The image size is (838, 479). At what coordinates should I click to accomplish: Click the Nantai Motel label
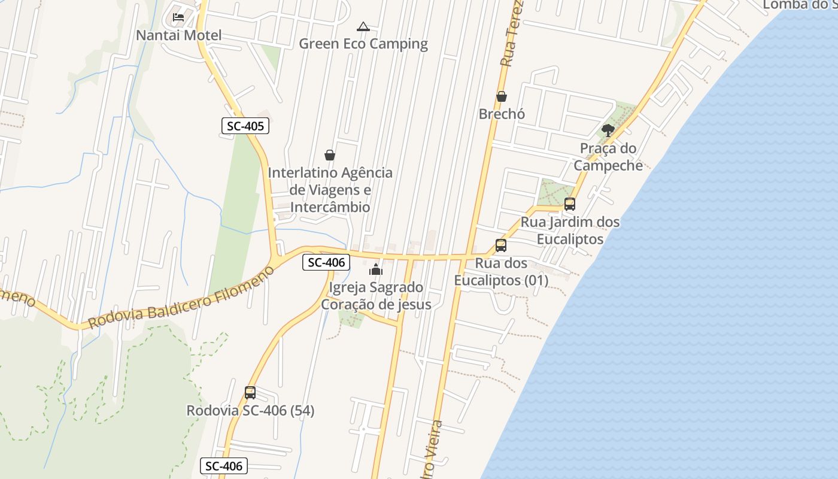pyautogui.click(x=178, y=35)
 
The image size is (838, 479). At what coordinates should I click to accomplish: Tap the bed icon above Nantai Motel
pyautogui.click(x=178, y=17)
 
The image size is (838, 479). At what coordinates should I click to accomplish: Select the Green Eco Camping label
pyautogui.click(x=363, y=44)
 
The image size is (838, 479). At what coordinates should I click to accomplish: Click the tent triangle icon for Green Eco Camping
pyautogui.click(x=363, y=26)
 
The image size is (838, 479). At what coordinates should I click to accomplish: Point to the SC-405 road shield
pyautogui.click(x=245, y=126)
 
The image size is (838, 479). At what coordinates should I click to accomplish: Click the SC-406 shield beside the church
pyautogui.click(x=326, y=262)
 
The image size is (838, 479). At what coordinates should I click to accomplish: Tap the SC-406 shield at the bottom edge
pyautogui.click(x=224, y=466)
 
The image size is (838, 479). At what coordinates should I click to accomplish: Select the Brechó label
pyautogui.click(x=502, y=114)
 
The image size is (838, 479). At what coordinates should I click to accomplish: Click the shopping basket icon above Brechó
pyautogui.click(x=502, y=96)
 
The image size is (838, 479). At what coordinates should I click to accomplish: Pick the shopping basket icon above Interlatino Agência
pyautogui.click(x=330, y=155)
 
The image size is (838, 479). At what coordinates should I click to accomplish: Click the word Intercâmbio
pyautogui.click(x=330, y=207)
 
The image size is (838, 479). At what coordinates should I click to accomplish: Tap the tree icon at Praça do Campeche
pyautogui.click(x=608, y=130)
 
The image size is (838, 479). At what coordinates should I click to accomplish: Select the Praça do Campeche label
pyautogui.click(x=608, y=157)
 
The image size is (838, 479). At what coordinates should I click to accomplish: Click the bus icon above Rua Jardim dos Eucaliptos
pyautogui.click(x=570, y=204)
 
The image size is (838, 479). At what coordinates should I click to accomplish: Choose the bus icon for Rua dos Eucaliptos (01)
pyautogui.click(x=501, y=245)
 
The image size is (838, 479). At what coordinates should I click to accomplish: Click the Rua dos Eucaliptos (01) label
pyautogui.click(x=501, y=272)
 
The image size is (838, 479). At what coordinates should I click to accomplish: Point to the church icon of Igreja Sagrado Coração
pyautogui.click(x=376, y=269)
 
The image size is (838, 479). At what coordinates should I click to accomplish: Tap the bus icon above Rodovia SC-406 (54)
pyautogui.click(x=250, y=393)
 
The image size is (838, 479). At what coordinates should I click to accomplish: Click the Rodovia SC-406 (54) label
pyautogui.click(x=250, y=411)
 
